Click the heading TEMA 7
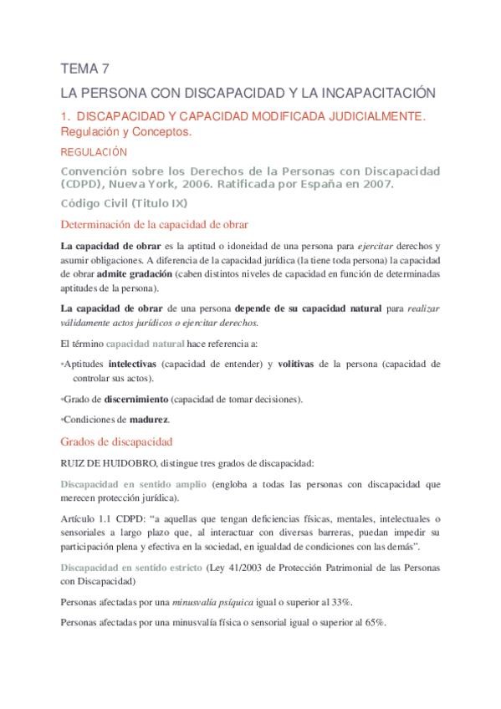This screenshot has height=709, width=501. click(85, 69)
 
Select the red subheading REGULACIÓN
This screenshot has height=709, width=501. click(94, 152)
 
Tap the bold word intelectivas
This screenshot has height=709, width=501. click(133, 365)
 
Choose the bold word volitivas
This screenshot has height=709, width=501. click(301, 365)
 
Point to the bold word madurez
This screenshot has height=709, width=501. click(150, 419)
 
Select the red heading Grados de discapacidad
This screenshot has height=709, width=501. click(117, 441)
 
